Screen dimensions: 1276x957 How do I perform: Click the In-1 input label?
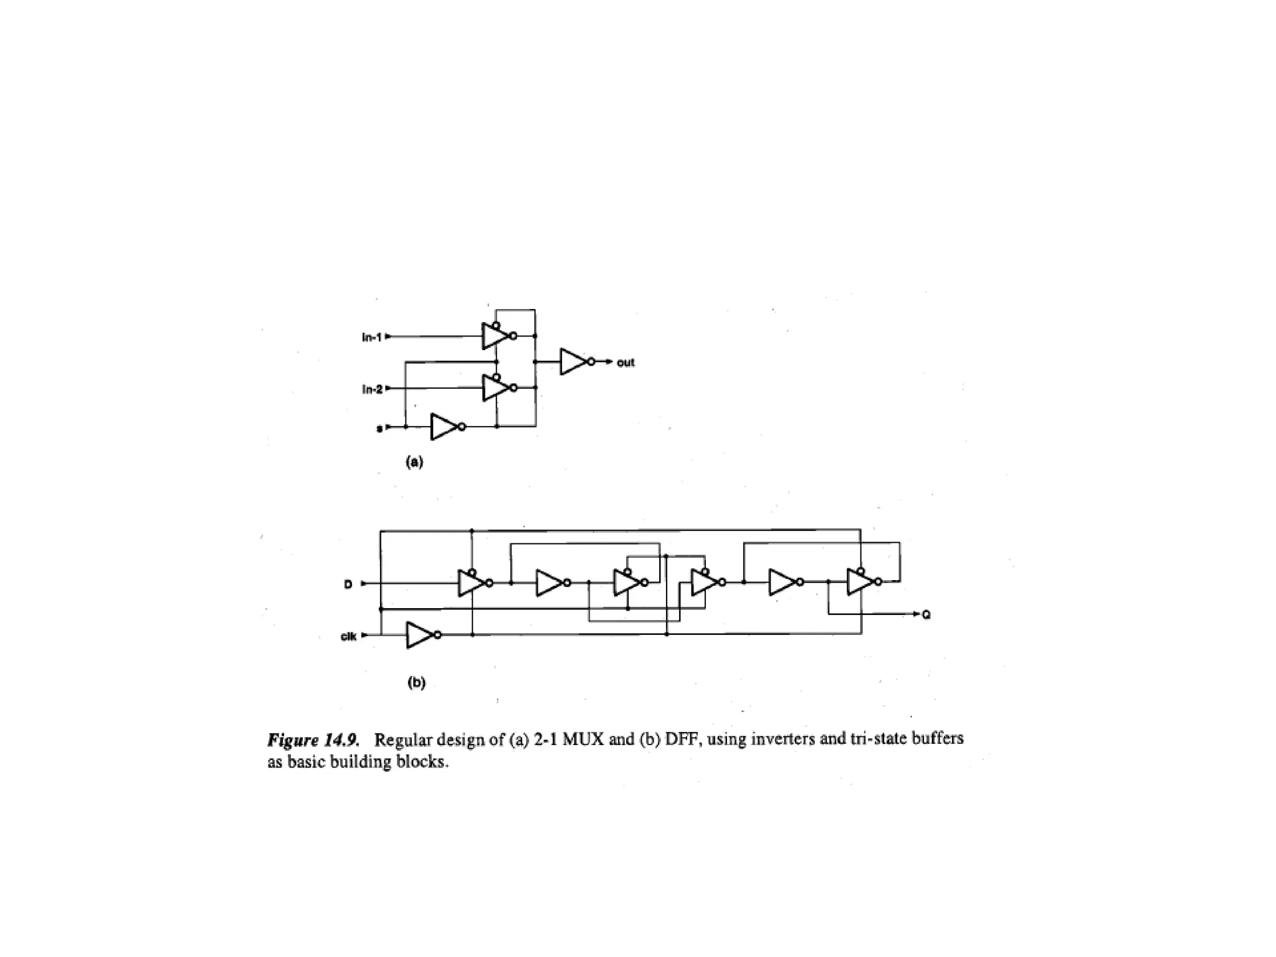click(371, 337)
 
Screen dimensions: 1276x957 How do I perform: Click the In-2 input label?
click(371, 389)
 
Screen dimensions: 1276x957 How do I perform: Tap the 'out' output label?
click(626, 363)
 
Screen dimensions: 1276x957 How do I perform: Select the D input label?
click(348, 584)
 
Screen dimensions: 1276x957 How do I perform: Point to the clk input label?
click(348, 636)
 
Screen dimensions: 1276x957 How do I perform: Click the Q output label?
click(926, 615)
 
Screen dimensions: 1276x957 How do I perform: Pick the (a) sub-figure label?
click(414, 462)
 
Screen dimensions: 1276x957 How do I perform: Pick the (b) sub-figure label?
click(416, 682)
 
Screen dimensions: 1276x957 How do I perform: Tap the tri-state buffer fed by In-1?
click(496, 336)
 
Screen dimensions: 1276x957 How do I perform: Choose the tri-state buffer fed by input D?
click(472, 583)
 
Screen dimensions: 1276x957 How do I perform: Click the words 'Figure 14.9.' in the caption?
click(313, 740)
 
